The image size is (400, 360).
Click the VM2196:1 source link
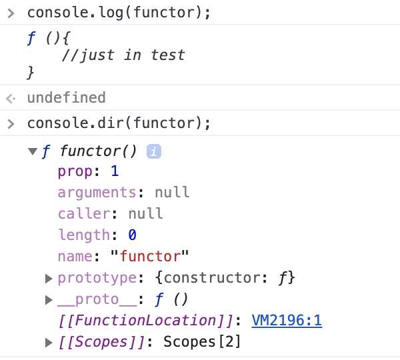coord(287,321)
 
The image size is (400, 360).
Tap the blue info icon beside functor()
coord(154,151)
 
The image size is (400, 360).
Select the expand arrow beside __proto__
coord(49,299)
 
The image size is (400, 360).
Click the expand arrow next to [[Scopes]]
coord(49,342)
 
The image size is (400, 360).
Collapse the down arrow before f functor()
coord(33,151)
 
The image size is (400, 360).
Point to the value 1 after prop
coord(115,171)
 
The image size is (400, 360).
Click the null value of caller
coord(145,214)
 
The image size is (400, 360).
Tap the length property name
coord(83,235)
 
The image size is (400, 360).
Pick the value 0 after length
coord(132,235)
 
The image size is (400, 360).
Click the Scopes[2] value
coord(202,342)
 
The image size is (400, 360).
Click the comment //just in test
coord(123,55)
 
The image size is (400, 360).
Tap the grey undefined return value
coord(66,98)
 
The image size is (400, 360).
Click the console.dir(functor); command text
coord(119,123)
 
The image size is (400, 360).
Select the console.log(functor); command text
coord(119,13)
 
